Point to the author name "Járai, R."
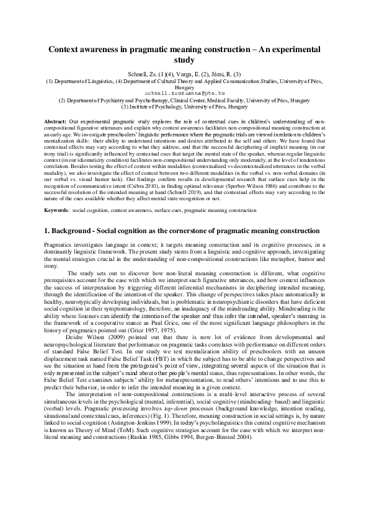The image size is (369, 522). pos(221,74)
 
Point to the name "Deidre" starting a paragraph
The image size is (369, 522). pos(76,320)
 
